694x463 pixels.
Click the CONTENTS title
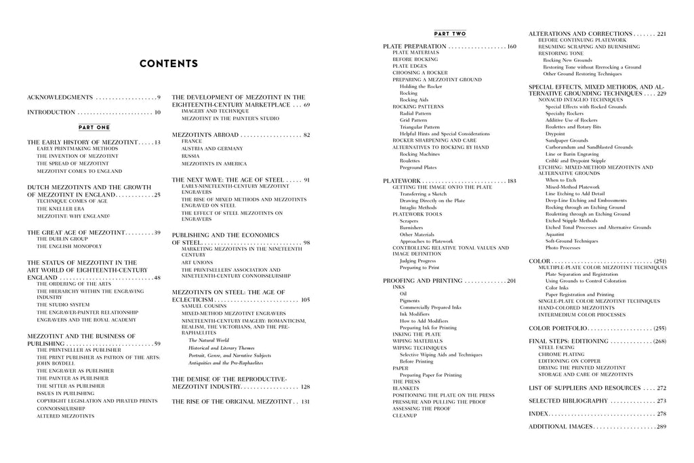pyautogui.click(x=168, y=64)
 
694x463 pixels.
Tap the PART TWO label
pyautogui.click(x=449, y=34)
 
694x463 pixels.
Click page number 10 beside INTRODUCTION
pyautogui.click(x=157, y=113)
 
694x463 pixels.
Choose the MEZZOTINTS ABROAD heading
pyautogui.click(x=205, y=135)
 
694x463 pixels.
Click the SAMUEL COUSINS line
pyautogui.click(x=203, y=306)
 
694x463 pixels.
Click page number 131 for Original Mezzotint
pyautogui.click(x=305, y=402)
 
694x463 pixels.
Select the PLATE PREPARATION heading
pyautogui.click(x=415, y=46)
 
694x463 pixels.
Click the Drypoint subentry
pyautogui.click(x=555, y=134)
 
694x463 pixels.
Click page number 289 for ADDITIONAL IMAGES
pyautogui.click(x=661, y=426)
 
